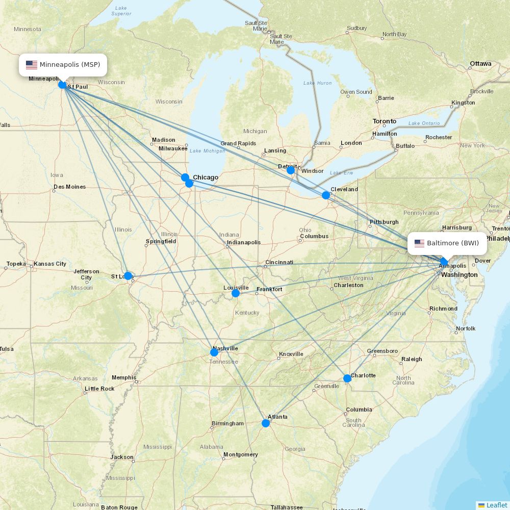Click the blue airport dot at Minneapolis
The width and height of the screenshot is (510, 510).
coord(62,85)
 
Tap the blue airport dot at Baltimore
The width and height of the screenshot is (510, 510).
coord(444,262)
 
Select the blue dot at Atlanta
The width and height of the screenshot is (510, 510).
coord(266,423)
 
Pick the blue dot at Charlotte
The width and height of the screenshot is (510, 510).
coord(347,378)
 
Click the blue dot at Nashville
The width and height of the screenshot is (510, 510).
coord(214,352)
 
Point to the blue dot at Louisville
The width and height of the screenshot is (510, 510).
coord(236,293)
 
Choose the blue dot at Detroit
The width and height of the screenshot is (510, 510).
coord(291,170)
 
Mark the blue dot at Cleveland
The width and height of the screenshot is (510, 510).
coord(326,195)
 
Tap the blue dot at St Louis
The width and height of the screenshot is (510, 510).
coord(128,276)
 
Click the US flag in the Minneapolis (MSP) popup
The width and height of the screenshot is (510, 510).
coord(32,65)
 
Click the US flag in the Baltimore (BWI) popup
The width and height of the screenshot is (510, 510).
coord(419,243)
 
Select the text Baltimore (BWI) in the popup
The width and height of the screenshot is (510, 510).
coord(453,243)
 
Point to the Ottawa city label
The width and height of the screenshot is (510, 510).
coord(480,64)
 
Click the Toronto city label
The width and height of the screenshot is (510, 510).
coord(384,121)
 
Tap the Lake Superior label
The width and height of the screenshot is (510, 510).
coord(121,11)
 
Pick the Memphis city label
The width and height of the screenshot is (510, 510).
coord(123,378)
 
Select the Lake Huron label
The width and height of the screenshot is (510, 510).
coord(317,83)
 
